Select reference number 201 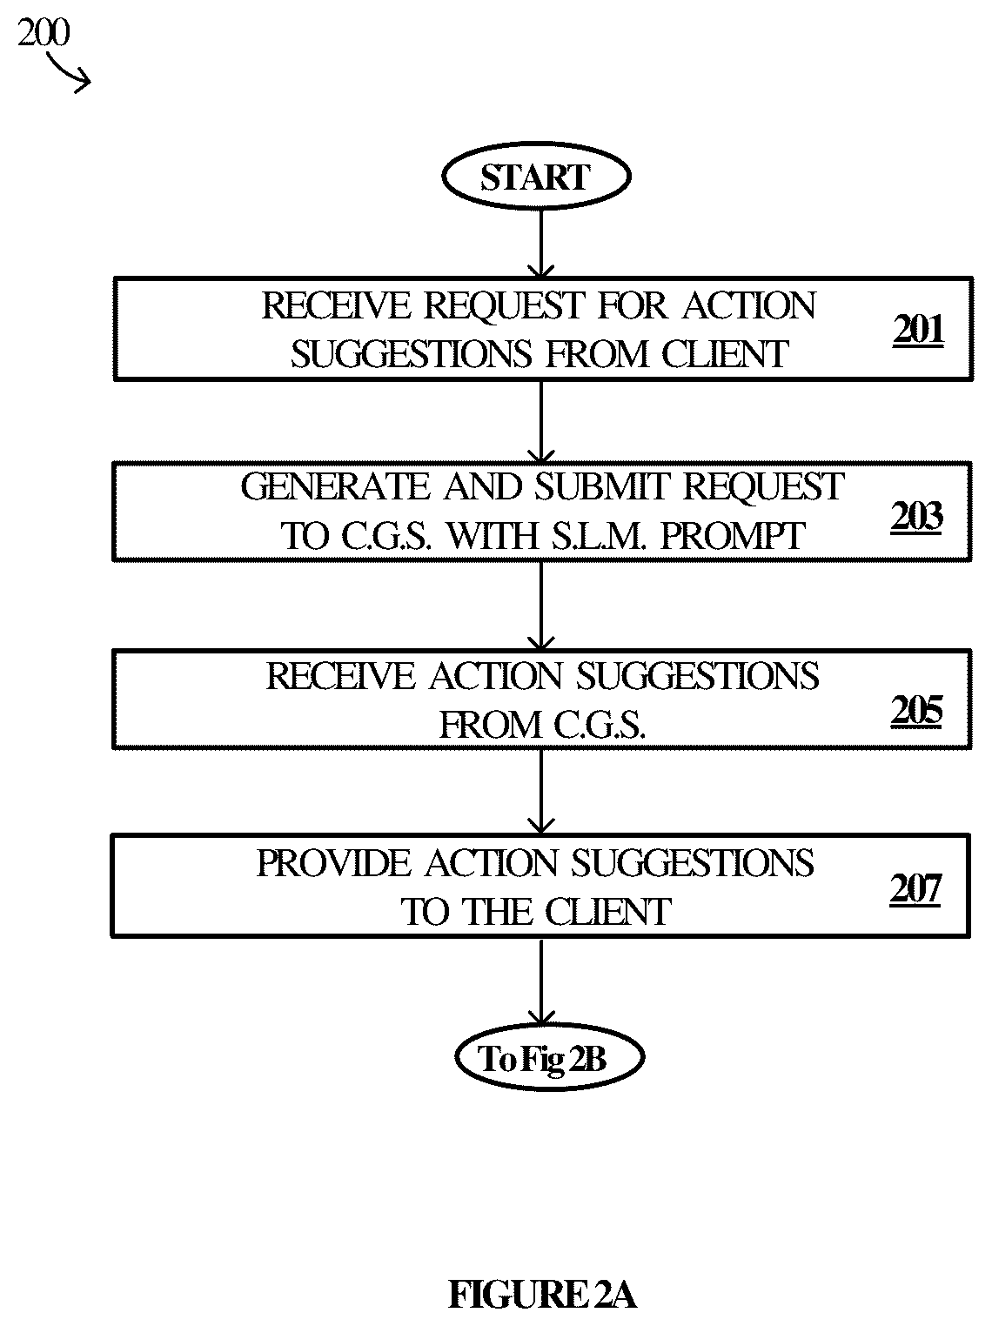click(918, 331)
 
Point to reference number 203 click(916, 517)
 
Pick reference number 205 click(916, 711)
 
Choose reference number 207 click(915, 888)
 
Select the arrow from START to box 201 click(541, 244)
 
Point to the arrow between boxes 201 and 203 click(541, 422)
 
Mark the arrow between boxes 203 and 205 click(541, 606)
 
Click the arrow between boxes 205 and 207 click(541, 792)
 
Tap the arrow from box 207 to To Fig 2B click(541, 981)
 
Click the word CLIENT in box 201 click(725, 354)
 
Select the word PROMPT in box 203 click(732, 536)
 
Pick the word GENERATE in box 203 click(336, 487)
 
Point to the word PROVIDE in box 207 click(333, 863)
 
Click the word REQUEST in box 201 click(505, 305)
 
